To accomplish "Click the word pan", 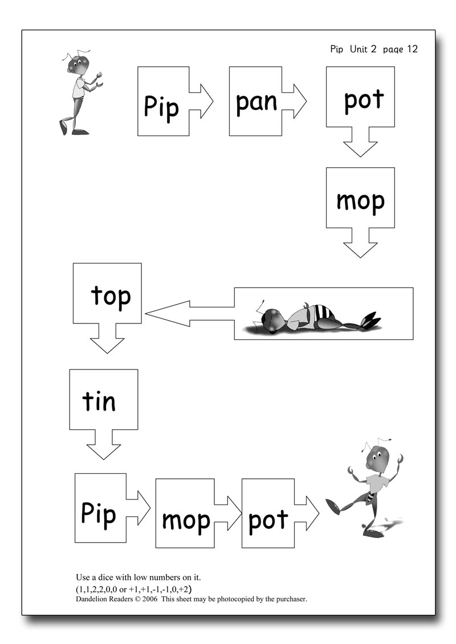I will pyautogui.click(x=256, y=102).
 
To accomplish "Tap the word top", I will pyautogui.click(x=111, y=297).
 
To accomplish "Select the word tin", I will pyautogui.click(x=99, y=401).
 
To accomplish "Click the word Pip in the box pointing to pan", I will pyautogui.click(x=161, y=106).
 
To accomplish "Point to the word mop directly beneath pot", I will pyautogui.click(x=360, y=201).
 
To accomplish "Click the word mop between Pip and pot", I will pyautogui.click(x=186, y=520).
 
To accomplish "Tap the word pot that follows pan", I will pyautogui.click(x=364, y=101).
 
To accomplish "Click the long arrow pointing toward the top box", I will pyautogui.click(x=188, y=314).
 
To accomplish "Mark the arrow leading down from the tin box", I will pyautogui.click(x=103, y=444).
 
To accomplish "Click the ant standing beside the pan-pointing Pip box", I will pyautogui.click(x=80, y=91).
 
